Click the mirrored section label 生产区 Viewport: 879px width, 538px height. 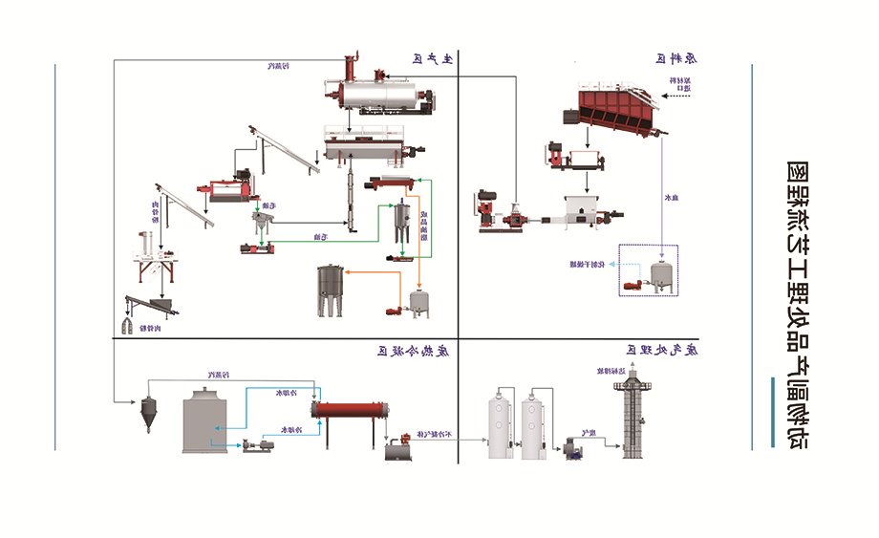pos(432,59)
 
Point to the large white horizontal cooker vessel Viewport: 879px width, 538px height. pos(379,95)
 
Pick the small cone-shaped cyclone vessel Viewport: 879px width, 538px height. pos(148,411)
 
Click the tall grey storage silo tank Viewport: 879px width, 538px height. pos(331,291)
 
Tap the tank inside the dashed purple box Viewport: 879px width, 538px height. pos(659,272)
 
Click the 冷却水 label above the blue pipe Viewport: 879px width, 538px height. pos(287,392)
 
